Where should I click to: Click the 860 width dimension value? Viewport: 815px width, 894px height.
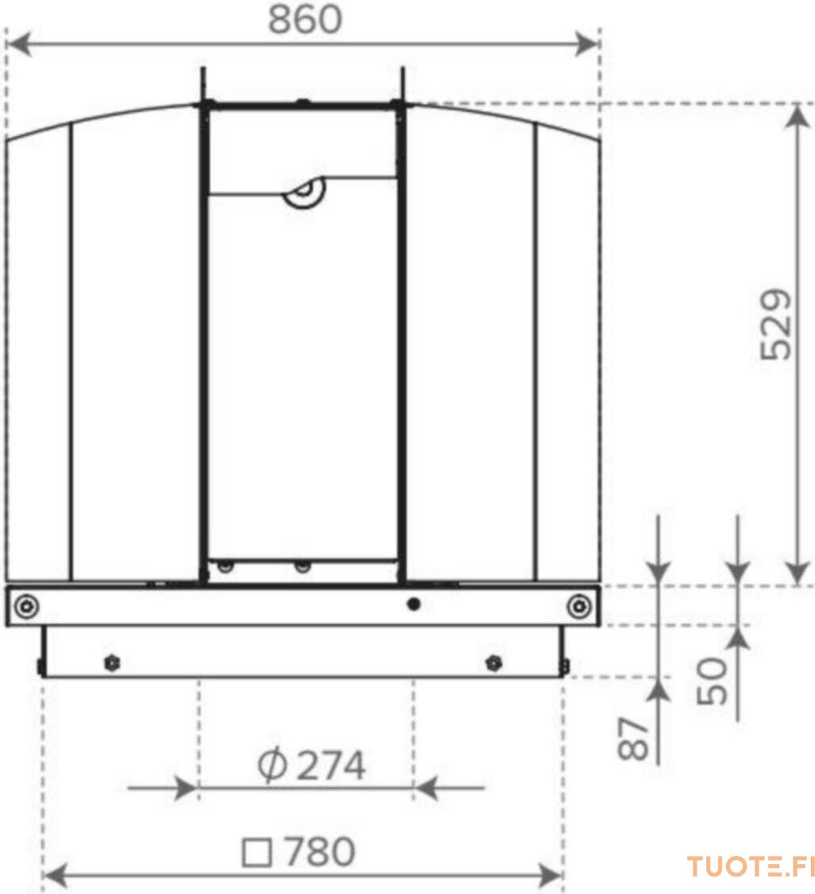pos(305,19)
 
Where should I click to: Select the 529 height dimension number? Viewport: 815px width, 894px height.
pos(776,325)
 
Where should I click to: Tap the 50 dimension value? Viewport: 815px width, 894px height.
pos(713,680)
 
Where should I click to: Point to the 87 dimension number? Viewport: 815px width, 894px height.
pos(633,738)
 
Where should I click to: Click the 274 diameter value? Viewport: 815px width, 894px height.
pos(331,765)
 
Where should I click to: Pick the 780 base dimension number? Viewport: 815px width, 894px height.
pos(320,852)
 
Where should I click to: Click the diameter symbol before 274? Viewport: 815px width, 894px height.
pos(272,765)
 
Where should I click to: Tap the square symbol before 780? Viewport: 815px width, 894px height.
pos(256,853)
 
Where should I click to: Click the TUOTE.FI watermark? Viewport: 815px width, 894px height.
pos(751,867)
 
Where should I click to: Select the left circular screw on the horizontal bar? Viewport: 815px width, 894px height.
pos(26,606)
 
